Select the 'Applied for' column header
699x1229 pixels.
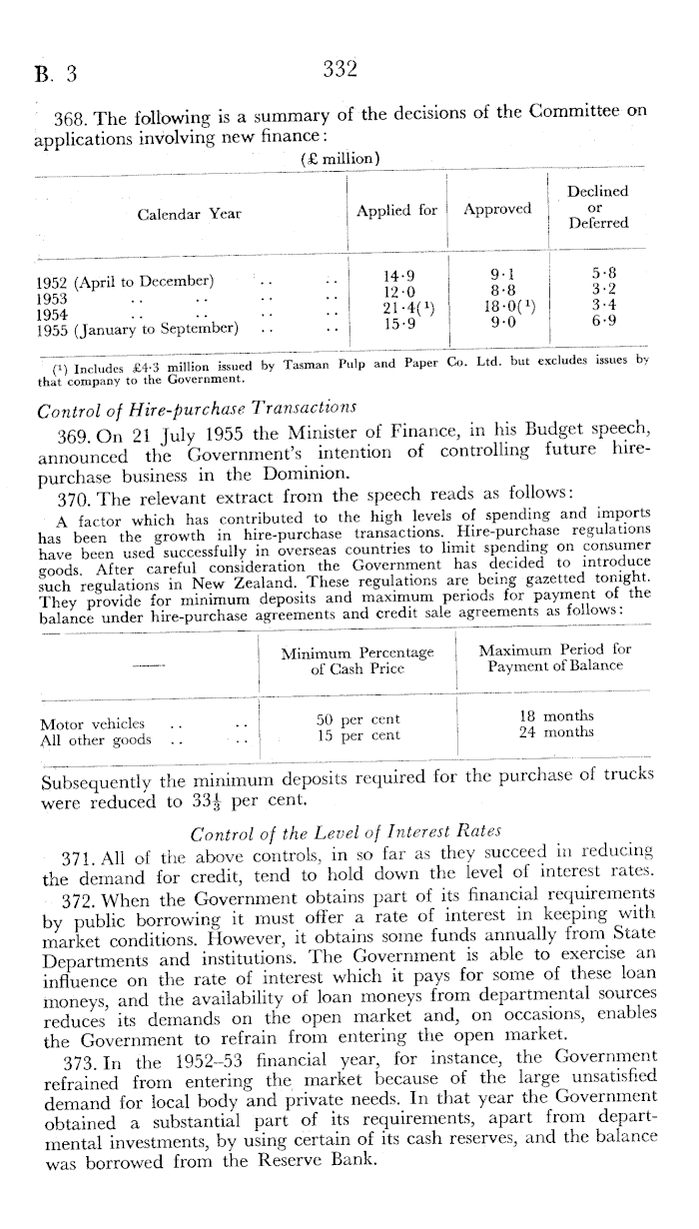(x=396, y=210)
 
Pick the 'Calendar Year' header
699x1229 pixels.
(x=189, y=214)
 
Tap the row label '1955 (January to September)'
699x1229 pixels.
(x=137, y=327)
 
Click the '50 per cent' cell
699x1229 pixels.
(x=357, y=719)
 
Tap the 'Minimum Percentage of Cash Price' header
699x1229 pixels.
(x=357, y=659)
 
